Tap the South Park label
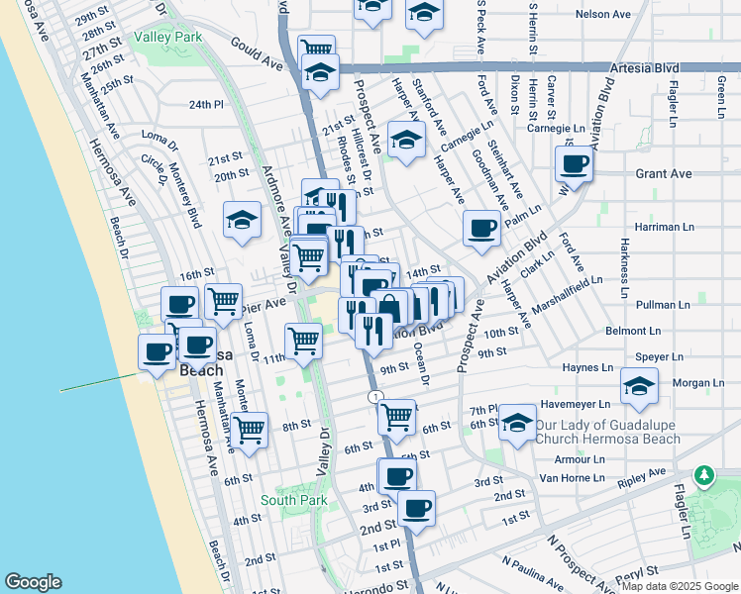point(293,501)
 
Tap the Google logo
point(33,581)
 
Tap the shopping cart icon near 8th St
point(249,430)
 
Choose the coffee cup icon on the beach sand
point(157,352)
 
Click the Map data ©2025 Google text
point(679,586)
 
